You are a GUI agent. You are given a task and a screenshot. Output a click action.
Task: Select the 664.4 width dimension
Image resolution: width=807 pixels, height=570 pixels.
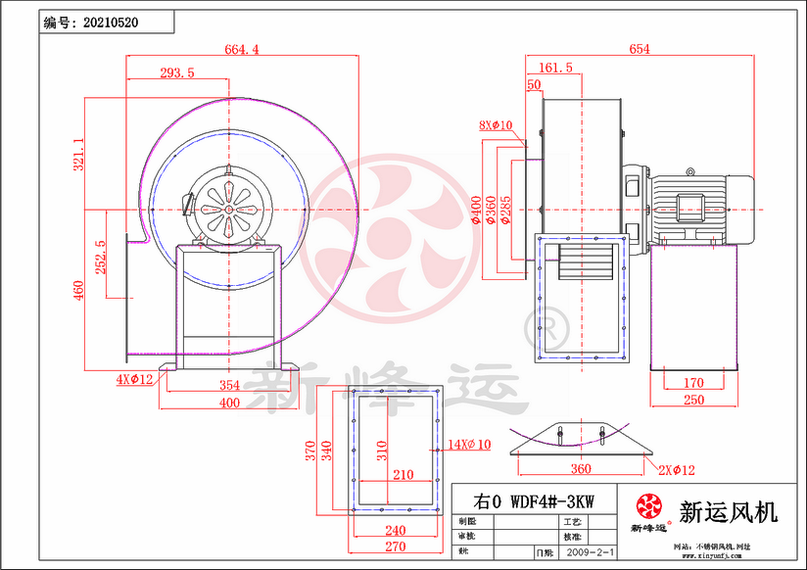coord(241,50)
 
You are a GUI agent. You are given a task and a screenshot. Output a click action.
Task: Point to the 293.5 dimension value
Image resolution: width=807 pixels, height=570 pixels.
coord(177,72)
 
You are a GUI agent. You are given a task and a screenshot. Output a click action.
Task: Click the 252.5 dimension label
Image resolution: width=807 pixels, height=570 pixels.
coord(100,258)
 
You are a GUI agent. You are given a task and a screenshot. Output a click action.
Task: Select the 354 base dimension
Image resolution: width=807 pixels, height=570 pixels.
coord(229,385)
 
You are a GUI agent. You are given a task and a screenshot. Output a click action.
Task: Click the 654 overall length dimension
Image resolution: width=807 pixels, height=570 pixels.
coord(640,50)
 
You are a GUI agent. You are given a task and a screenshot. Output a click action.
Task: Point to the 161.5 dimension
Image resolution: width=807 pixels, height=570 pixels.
coord(555,68)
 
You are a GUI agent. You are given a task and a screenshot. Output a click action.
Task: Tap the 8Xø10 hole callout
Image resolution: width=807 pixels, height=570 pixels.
coord(497,125)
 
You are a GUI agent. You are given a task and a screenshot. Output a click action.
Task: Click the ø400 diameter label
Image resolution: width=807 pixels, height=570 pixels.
coord(477,209)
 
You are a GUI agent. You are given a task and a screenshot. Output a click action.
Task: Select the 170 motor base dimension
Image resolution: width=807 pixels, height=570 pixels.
coord(693,383)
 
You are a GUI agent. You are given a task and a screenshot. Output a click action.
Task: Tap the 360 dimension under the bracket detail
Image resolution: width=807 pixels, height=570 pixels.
coord(581,469)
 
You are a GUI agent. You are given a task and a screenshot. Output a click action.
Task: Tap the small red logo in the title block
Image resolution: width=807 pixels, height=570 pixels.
coord(647,506)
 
